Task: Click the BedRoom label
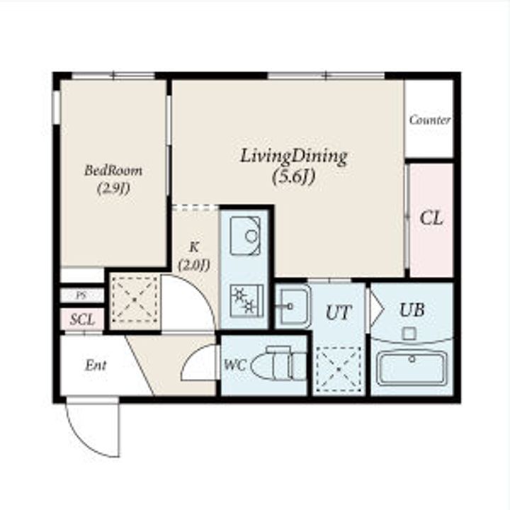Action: pos(113,170)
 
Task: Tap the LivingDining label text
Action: pos(294,157)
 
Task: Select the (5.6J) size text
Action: pos(294,177)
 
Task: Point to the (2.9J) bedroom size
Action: pos(113,188)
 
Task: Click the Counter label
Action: pos(429,120)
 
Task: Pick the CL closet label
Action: pos(431,218)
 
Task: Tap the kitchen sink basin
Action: pos(245,235)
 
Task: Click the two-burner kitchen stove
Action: pos(246,301)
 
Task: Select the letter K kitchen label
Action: pos(194,247)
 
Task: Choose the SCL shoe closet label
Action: pos(82,319)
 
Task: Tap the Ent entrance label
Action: pos(96,365)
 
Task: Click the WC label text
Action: pos(235,365)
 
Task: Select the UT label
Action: pos(339,312)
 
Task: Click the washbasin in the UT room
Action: pos(293,307)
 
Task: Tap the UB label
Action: pos(412,310)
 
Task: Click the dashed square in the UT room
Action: pos(339,369)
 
